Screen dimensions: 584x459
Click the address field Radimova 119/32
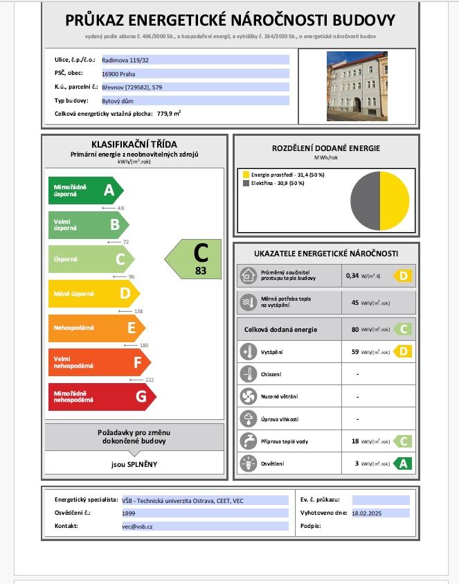[x=125, y=60]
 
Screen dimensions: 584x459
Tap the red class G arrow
[x=101, y=397]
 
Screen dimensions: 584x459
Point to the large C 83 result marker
[x=195, y=259]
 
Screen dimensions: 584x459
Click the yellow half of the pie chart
[x=395, y=202]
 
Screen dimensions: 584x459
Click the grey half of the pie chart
[x=365, y=202]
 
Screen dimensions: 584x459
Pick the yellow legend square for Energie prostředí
[x=244, y=175]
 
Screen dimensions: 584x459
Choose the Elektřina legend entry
[x=278, y=184]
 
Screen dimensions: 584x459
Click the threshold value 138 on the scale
[x=138, y=311]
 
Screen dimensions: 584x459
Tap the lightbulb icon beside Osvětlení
[x=248, y=463]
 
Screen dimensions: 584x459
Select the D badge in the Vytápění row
[x=403, y=352]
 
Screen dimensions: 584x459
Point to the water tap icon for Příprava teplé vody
[x=248, y=441]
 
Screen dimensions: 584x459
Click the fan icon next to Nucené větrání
[x=248, y=396]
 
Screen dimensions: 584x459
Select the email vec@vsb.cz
[x=136, y=527]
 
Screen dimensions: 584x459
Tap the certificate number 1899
[x=109, y=513]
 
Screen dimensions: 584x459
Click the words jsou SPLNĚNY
[x=134, y=463]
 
